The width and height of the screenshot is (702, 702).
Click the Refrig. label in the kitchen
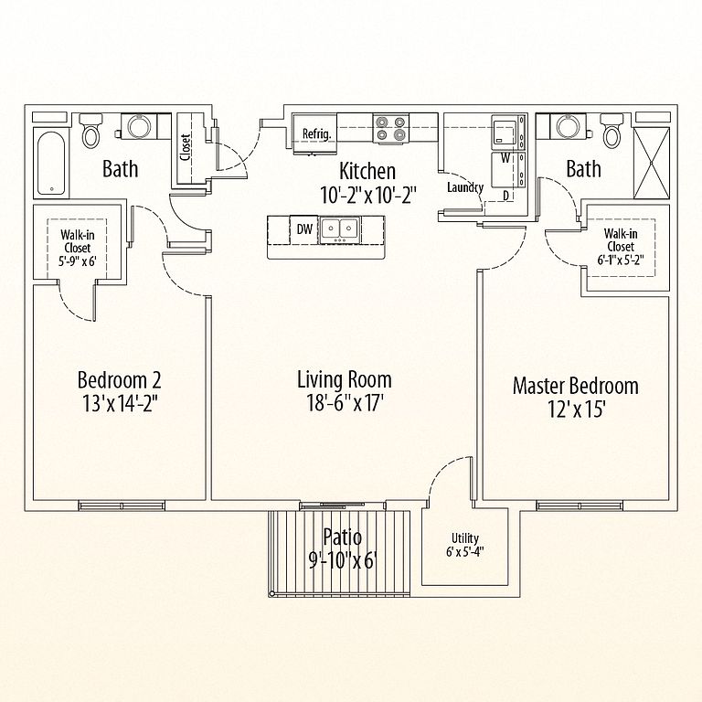coord(316,133)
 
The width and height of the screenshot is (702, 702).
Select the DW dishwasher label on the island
coord(304,229)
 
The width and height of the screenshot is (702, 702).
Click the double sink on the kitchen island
coord(339,229)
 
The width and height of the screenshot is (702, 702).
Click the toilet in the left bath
coord(91,131)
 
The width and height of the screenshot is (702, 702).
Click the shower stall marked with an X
coord(652,163)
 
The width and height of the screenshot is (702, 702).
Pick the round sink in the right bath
coord(568,126)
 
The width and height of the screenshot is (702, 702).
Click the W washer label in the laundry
coord(505,158)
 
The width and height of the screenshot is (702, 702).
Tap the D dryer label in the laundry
coord(505,196)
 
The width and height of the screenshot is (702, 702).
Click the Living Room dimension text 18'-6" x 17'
coord(345,402)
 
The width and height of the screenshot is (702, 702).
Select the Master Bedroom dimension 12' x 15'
coord(577,409)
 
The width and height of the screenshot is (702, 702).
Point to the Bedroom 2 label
coord(119,379)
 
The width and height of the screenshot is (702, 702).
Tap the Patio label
coord(343,537)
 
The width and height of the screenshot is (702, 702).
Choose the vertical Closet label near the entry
coord(186,147)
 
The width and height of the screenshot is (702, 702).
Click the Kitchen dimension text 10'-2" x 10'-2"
coord(368,196)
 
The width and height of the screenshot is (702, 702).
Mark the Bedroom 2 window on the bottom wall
coord(122,505)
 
